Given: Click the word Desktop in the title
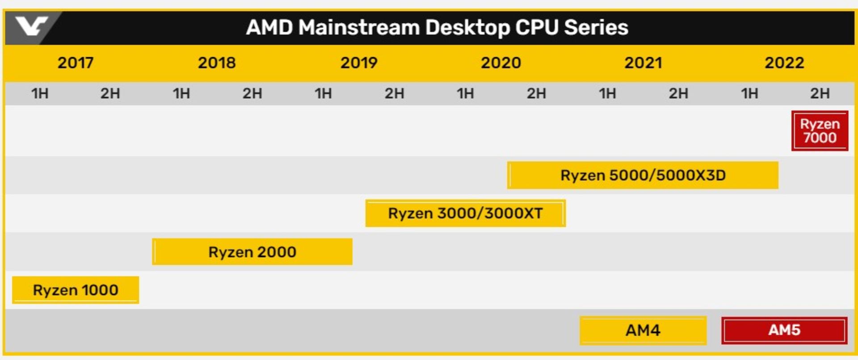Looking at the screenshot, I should (467, 28).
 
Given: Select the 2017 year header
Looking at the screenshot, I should (76, 63).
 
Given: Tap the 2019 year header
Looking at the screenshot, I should (359, 63).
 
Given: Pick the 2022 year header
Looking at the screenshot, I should (784, 63).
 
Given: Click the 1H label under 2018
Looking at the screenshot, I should (181, 93).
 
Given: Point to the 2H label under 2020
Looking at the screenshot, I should (536, 93).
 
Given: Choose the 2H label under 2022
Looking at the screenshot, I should (820, 93).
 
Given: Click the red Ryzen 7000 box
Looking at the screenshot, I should (820, 131).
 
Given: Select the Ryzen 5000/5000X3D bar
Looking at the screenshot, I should (643, 175).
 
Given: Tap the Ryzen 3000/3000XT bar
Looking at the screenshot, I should (465, 213).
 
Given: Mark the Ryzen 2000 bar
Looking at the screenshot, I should (252, 252).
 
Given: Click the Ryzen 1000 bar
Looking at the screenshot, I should (76, 290).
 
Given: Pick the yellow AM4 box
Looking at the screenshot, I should (643, 330).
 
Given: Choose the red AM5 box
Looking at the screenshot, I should (784, 330).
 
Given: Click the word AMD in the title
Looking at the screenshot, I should (269, 28).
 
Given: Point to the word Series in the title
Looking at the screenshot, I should (596, 28).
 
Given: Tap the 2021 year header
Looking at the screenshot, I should (643, 63).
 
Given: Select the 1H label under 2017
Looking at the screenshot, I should (40, 93).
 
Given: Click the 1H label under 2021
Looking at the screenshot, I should (607, 93).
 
